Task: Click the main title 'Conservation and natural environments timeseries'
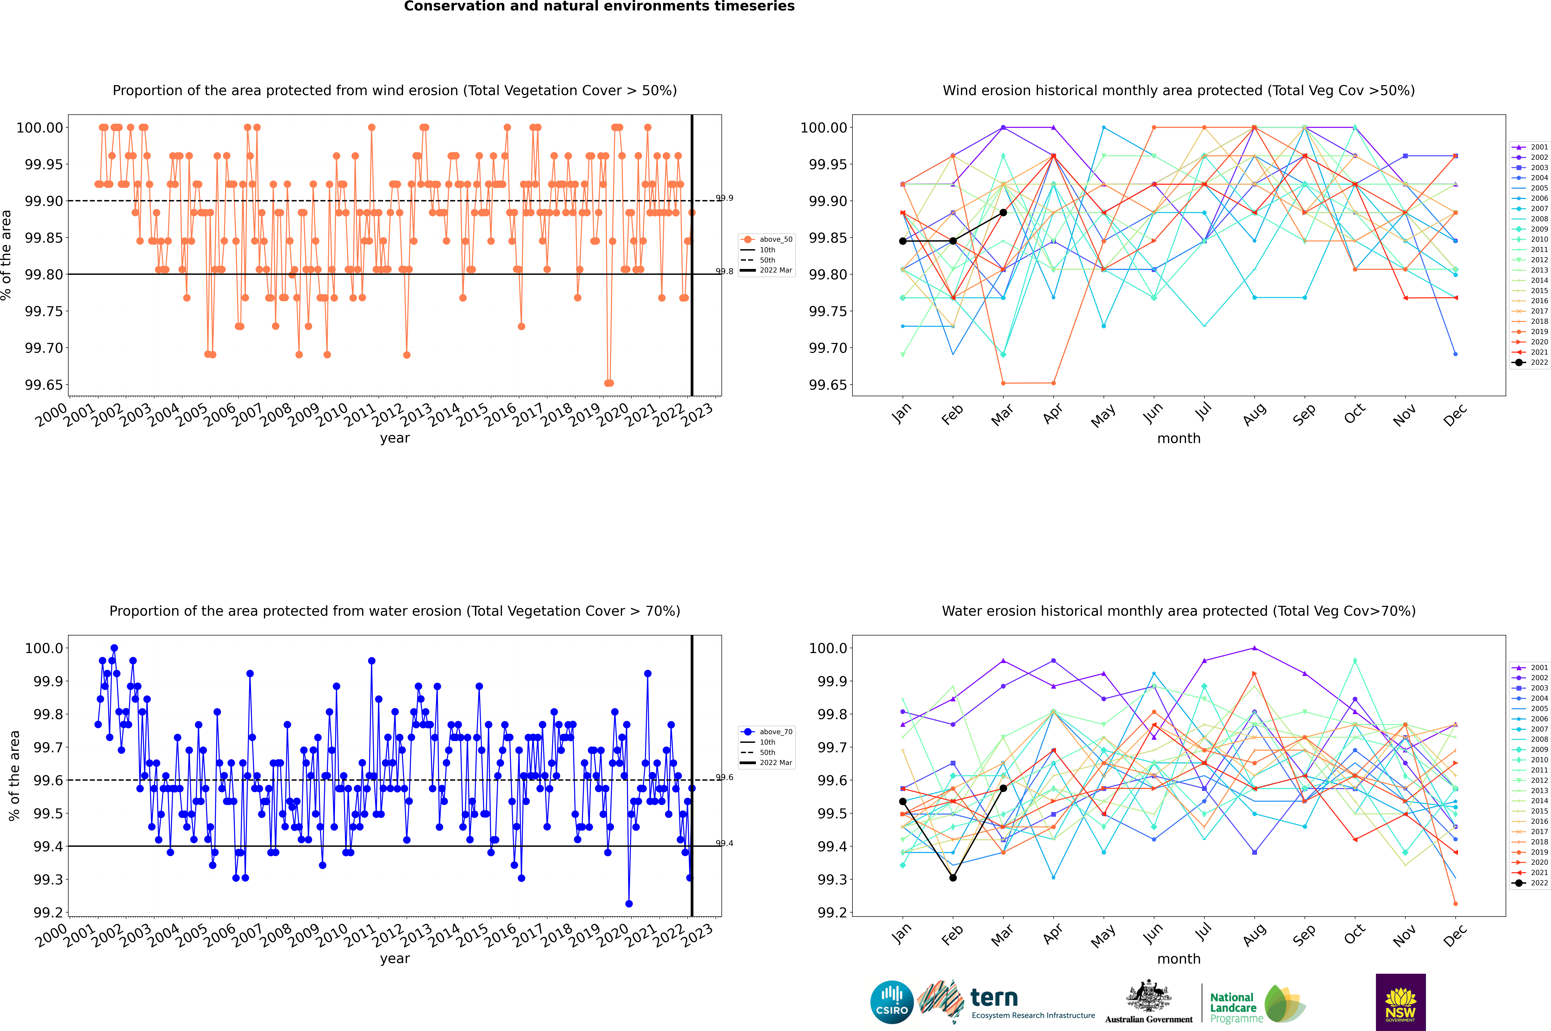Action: (x=599, y=7)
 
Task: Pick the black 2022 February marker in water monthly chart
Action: (x=953, y=878)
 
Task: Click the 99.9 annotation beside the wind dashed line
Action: (x=725, y=198)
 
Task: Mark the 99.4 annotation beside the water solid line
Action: (x=725, y=844)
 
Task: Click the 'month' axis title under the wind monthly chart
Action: (x=1178, y=439)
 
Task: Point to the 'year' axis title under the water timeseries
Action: (x=395, y=959)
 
